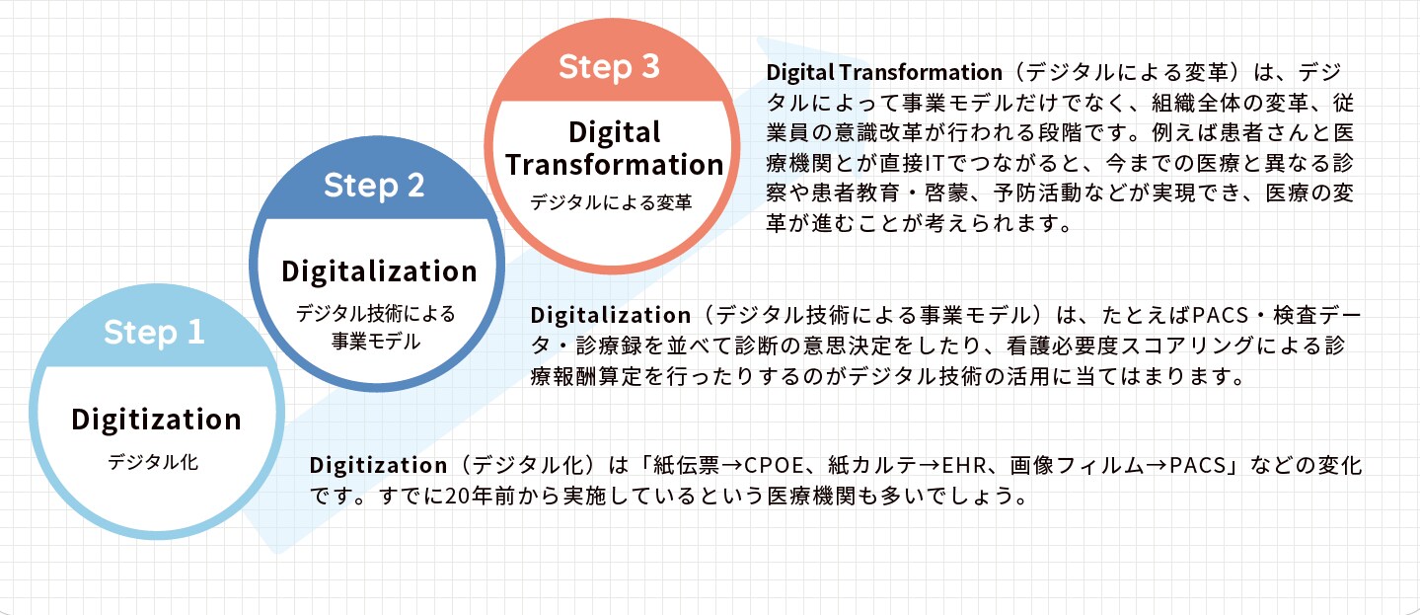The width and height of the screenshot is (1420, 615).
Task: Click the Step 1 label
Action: (154, 333)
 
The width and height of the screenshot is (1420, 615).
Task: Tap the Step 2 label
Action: (374, 186)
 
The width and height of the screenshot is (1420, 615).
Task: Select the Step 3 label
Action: (609, 67)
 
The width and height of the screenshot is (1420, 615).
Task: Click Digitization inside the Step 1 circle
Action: (156, 420)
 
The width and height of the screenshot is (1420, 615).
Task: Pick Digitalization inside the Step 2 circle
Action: (379, 271)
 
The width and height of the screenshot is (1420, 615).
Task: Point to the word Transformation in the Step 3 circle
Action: (614, 165)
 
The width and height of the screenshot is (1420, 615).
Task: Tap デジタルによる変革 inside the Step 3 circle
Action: (611, 202)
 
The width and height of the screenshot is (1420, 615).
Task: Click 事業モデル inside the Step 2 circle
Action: (376, 342)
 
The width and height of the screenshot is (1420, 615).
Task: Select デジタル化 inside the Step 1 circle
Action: (153, 462)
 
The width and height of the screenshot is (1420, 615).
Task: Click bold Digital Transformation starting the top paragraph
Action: (884, 72)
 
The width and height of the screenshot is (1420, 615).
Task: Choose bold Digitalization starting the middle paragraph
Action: (611, 315)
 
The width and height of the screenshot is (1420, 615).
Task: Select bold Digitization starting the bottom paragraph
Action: (379, 465)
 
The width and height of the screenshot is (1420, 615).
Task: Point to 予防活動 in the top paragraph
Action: (1037, 193)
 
